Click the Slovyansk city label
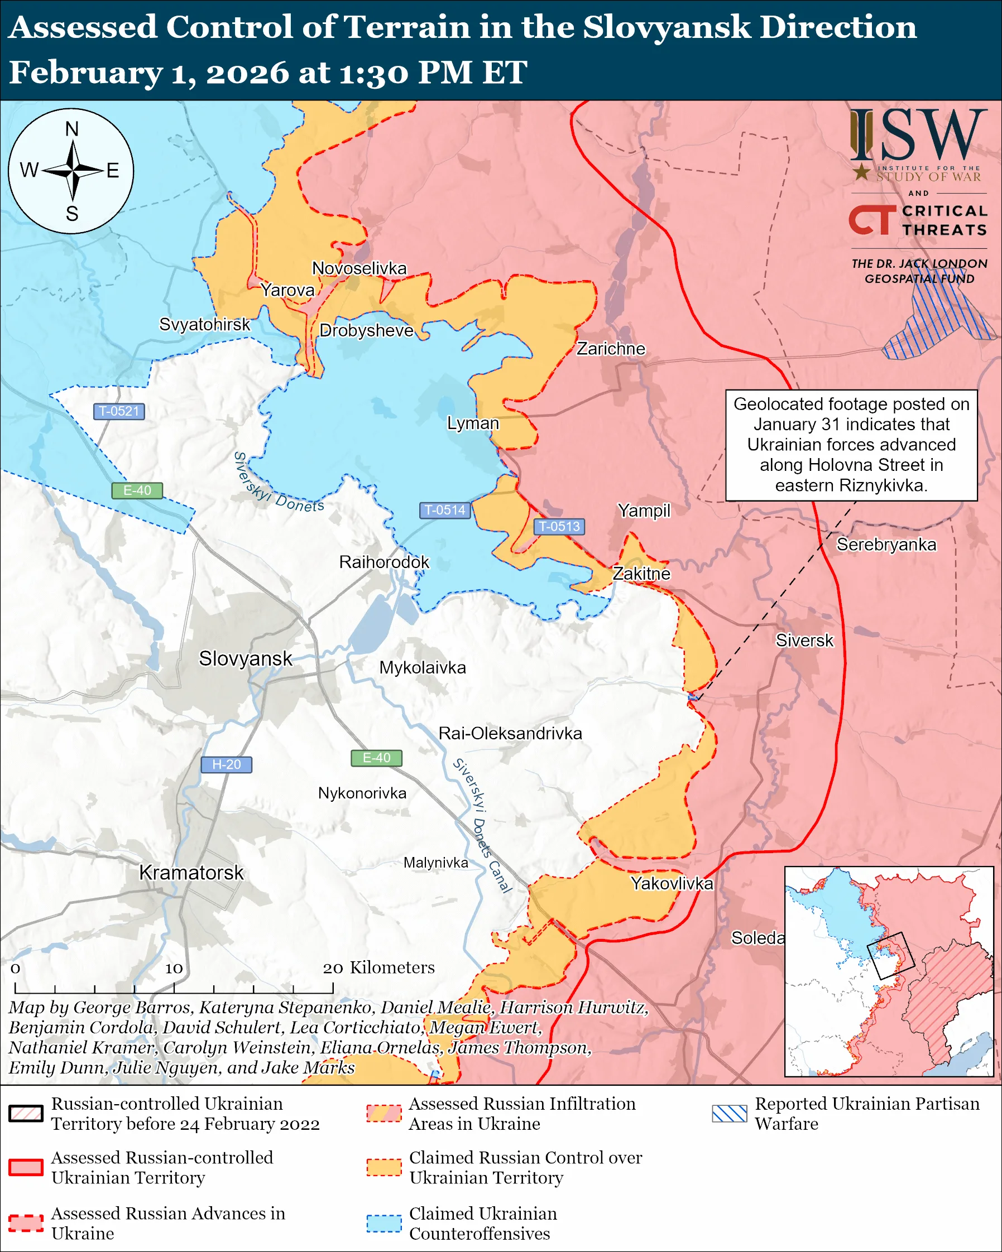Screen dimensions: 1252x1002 click(245, 658)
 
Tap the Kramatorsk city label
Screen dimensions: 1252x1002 click(191, 873)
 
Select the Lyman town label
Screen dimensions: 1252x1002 click(473, 423)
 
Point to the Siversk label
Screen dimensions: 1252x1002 click(804, 641)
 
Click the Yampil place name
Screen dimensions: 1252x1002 click(644, 511)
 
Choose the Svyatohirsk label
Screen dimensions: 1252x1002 click(204, 324)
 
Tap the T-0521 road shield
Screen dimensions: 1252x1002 click(118, 411)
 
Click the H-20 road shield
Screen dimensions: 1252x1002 click(226, 764)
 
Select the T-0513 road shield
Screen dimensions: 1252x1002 click(559, 526)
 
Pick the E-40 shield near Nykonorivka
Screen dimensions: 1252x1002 click(376, 758)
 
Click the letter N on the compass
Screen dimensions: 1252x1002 click(71, 129)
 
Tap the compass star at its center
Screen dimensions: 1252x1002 click(73, 171)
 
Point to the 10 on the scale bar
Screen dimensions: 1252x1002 click(174, 968)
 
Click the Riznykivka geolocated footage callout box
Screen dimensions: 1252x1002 click(851, 445)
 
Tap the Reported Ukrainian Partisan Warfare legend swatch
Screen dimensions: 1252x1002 click(729, 1113)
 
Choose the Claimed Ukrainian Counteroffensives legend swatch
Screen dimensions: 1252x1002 click(383, 1223)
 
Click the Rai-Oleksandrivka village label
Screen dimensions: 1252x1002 click(510, 734)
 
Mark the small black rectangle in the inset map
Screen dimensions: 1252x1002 click(890, 955)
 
